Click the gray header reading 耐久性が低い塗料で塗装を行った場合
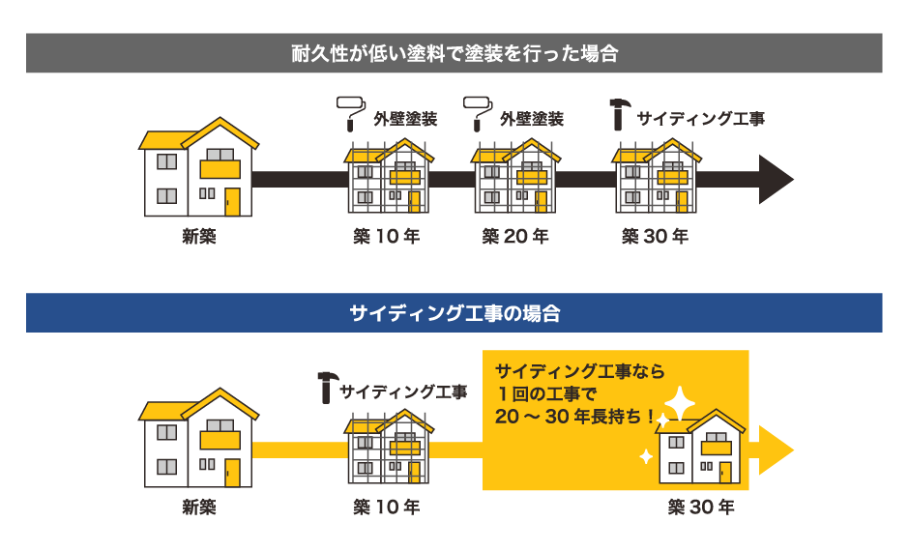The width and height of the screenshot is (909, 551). [x=454, y=53]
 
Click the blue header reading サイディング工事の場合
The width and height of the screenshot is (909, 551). [x=454, y=313]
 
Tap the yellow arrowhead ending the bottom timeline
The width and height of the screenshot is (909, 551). [x=776, y=450]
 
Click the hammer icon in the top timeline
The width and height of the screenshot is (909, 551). [x=619, y=114]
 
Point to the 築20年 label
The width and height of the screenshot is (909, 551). [x=515, y=236]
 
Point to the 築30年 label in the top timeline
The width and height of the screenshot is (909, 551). [x=655, y=236]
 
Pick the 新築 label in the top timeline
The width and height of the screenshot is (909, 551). [x=198, y=236]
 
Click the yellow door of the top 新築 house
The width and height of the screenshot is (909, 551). [x=232, y=201]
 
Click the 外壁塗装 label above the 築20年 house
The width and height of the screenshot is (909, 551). [x=532, y=119]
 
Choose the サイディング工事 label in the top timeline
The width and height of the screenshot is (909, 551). [x=701, y=119]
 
